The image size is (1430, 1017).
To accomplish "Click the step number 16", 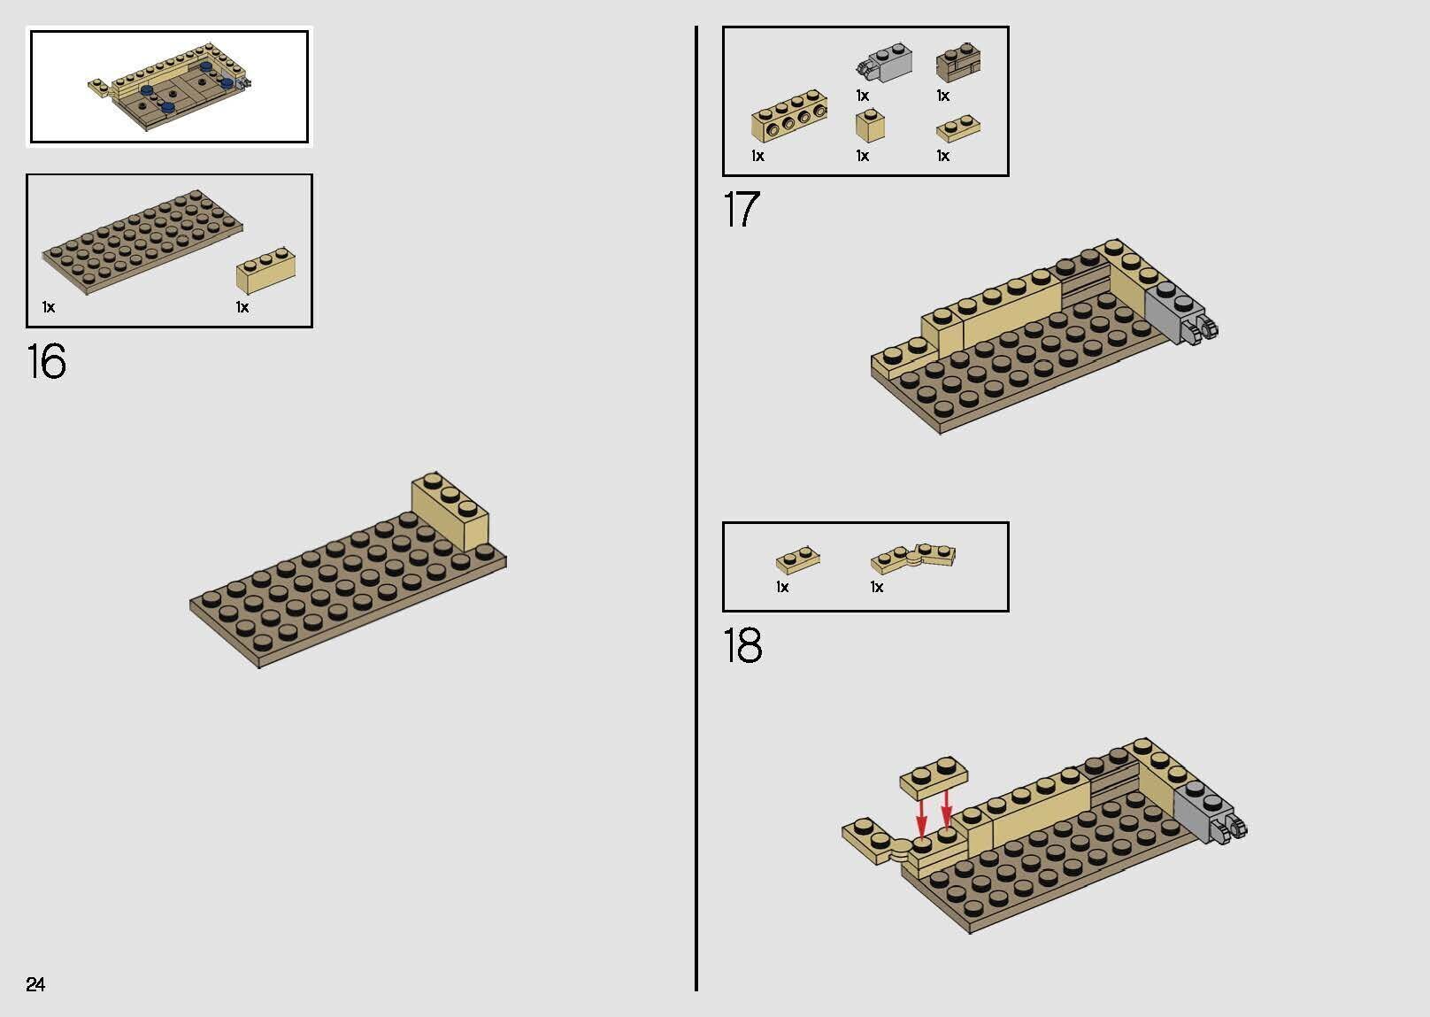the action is (46, 361).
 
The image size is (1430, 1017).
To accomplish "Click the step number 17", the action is (742, 209).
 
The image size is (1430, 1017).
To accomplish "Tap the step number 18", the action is (742, 644).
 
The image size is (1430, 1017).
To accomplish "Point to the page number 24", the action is (35, 983).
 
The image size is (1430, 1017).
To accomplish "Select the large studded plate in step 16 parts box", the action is (142, 242).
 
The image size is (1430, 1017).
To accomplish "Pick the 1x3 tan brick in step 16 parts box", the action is (265, 270).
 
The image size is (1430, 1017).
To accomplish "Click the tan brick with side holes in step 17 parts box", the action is (789, 116).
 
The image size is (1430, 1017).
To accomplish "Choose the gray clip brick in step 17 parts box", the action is (884, 63).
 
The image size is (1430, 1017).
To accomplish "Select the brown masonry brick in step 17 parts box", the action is (958, 63).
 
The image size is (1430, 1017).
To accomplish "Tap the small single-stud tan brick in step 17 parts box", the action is (870, 126).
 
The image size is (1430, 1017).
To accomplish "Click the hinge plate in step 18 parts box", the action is (913, 559).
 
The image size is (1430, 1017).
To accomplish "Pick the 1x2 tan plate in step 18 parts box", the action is (798, 560).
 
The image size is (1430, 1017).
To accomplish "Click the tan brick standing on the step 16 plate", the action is (450, 511).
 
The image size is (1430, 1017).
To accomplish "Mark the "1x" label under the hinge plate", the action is (877, 587).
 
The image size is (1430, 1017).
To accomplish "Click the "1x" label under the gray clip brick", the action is (863, 96).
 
